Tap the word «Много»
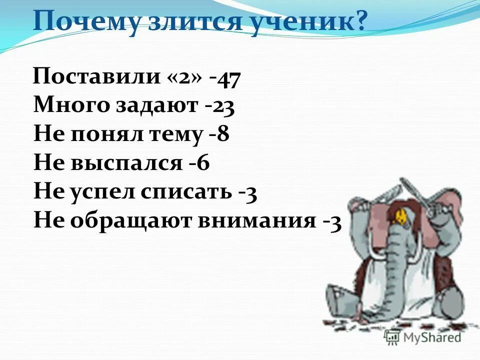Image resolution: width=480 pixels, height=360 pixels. point(72,106)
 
